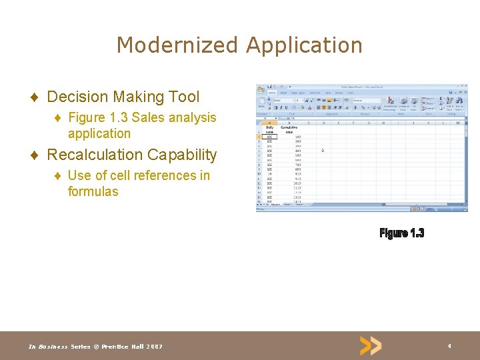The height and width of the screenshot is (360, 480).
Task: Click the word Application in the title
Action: tap(304, 45)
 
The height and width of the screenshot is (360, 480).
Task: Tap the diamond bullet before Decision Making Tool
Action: tap(33, 97)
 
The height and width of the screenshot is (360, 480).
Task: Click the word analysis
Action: tap(192, 117)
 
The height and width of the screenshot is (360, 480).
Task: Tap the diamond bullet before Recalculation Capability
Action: tap(33, 155)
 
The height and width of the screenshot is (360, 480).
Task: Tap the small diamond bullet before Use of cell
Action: tap(57, 176)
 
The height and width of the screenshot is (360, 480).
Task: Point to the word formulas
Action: tap(93, 191)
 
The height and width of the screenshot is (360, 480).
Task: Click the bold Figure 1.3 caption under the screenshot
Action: tap(401, 233)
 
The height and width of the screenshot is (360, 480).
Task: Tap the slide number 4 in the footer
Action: tap(449, 346)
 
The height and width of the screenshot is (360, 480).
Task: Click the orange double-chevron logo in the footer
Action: tap(371, 345)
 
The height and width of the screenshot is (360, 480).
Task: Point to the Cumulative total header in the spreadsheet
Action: tap(289, 129)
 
